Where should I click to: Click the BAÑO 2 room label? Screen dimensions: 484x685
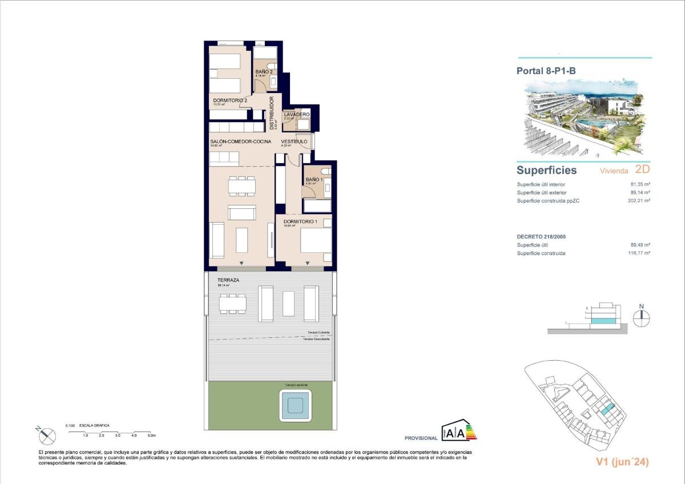click(x=263, y=71)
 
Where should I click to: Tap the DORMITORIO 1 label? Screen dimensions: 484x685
click(x=300, y=221)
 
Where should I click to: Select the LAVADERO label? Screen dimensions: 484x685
click(x=297, y=115)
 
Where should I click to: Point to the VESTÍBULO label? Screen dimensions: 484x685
click(x=294, y=142)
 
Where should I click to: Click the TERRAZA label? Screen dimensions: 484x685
click(x=228, y=280)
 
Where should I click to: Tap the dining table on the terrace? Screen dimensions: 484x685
click(x=233, y=303)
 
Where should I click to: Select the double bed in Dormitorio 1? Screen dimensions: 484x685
click(x=316, y=240)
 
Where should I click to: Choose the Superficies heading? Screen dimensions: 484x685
click(x=546, y=170)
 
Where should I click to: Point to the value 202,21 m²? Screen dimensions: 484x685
click(x=640, y=200)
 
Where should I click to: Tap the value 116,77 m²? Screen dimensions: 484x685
click(x=640, y=253)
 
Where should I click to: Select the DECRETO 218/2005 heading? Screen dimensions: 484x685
click(x=541, y=236)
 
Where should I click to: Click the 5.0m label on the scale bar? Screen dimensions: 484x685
click(x=151, y=435)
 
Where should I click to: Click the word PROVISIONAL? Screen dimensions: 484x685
click(x=421, y=438)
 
